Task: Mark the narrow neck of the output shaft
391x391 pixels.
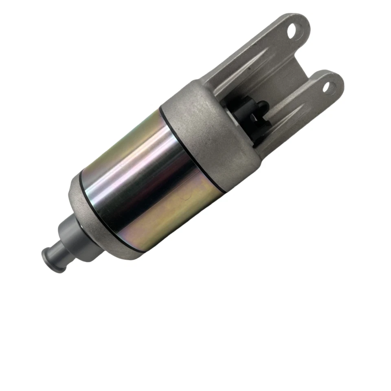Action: pos(57,248)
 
